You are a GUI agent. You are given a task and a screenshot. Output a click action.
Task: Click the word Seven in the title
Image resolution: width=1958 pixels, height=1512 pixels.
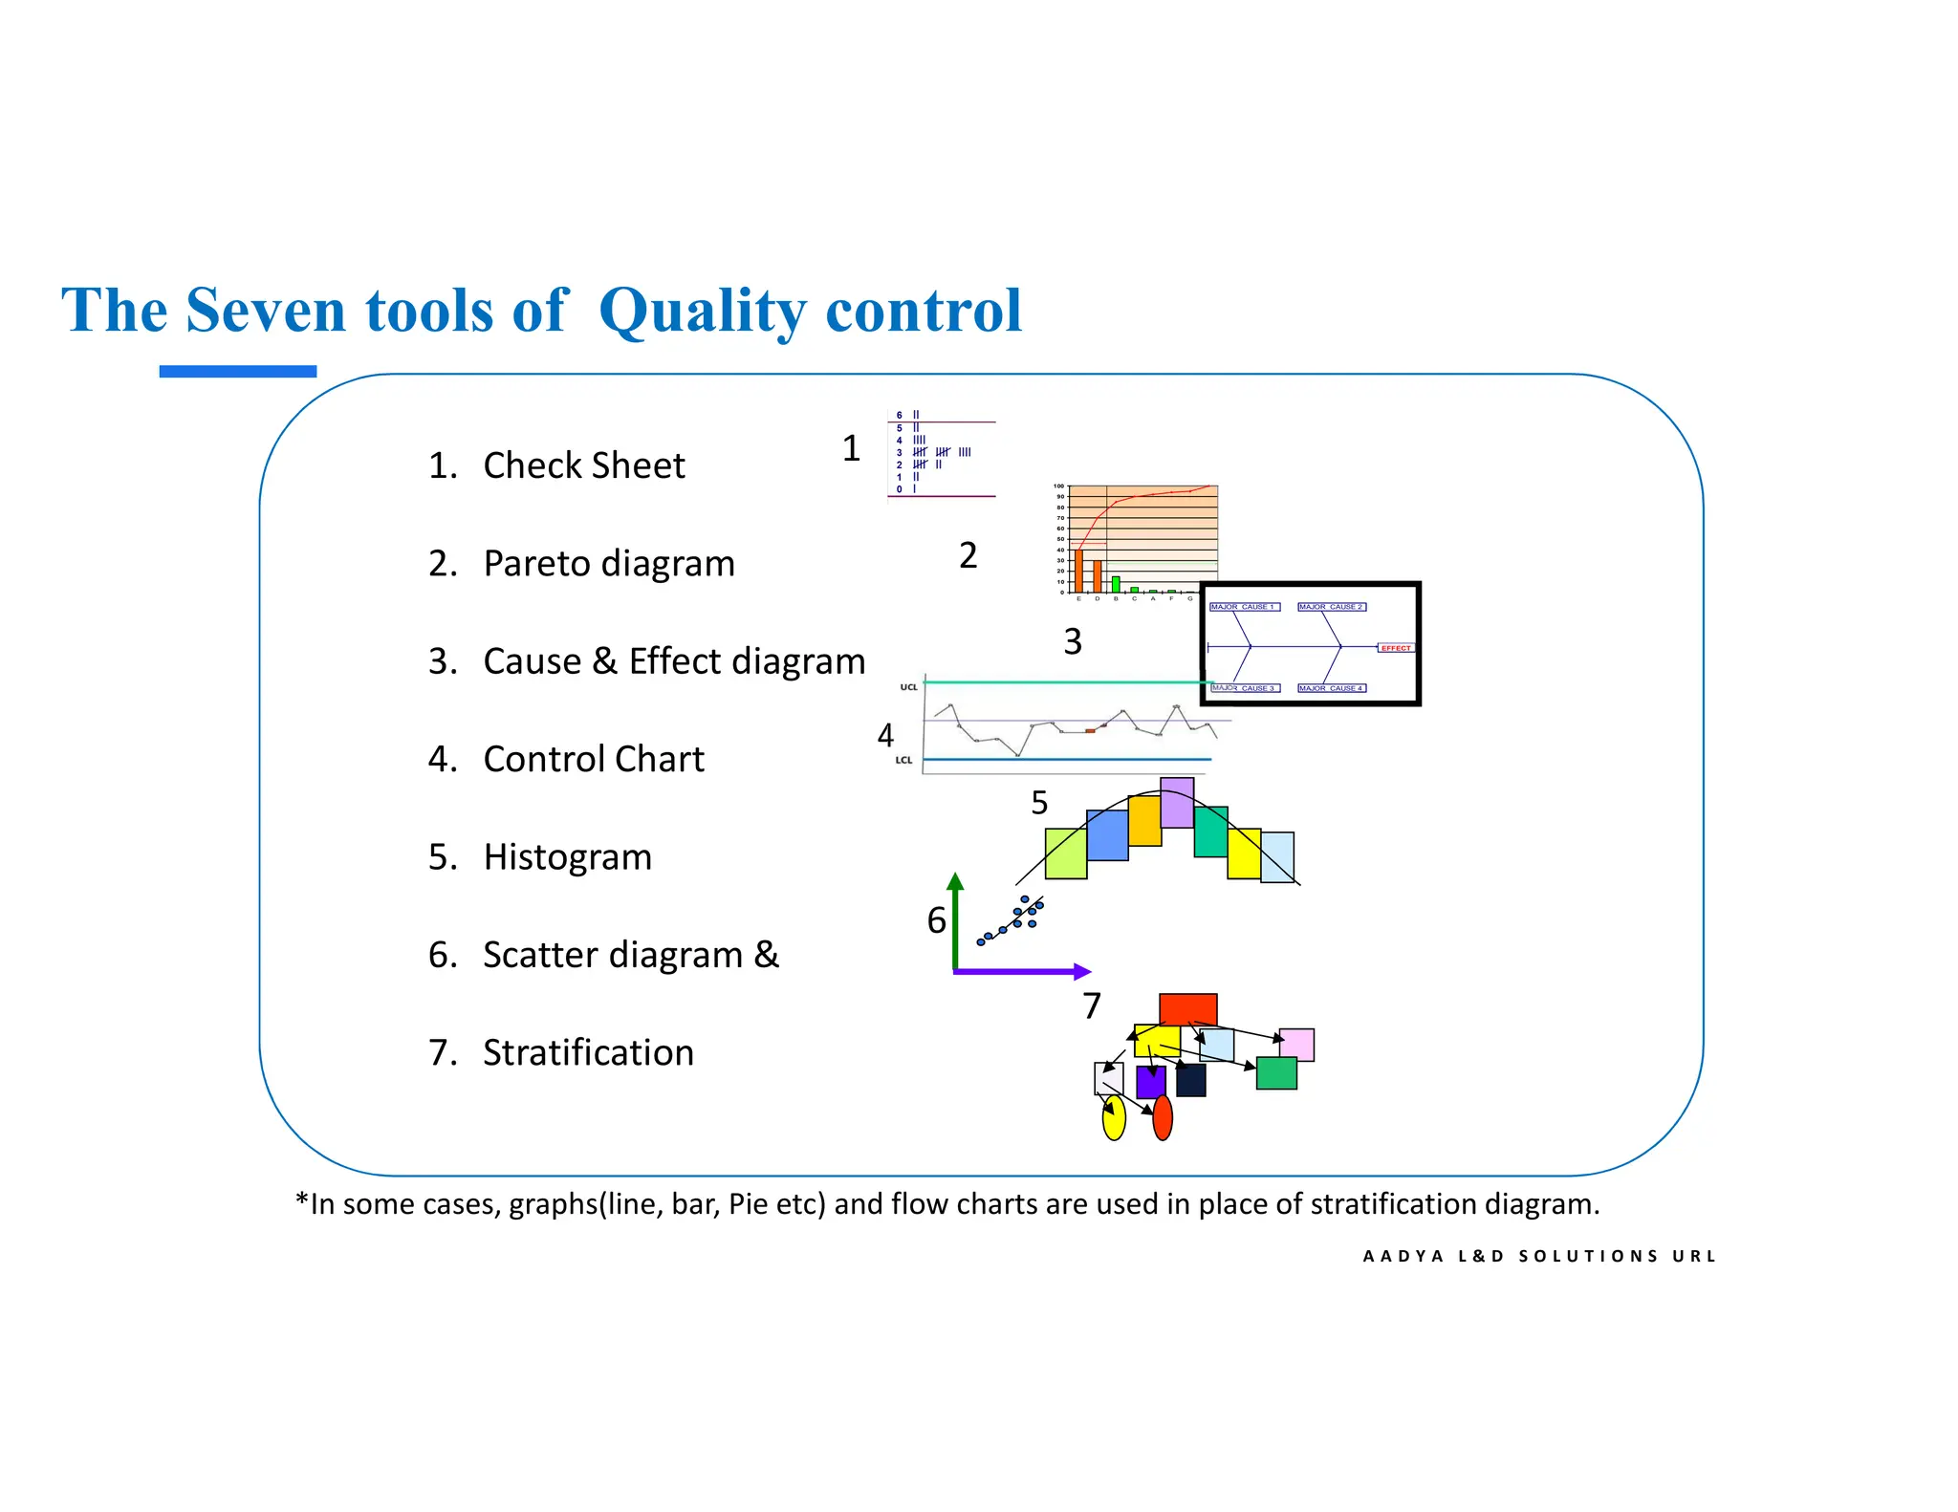265,311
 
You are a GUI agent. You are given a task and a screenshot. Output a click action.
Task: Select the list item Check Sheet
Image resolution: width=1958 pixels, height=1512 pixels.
583,465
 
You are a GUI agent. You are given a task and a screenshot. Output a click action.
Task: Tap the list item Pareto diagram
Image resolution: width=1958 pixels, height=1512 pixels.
608,564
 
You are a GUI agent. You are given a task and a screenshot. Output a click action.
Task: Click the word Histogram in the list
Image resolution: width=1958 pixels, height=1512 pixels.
567,857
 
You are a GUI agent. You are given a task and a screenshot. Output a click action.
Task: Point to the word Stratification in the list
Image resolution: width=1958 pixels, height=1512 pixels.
588,1053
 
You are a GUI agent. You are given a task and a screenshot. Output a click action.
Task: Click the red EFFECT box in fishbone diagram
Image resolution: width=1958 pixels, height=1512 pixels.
1395,648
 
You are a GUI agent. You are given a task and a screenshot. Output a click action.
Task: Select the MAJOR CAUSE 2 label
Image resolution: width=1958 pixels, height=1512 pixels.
1331,607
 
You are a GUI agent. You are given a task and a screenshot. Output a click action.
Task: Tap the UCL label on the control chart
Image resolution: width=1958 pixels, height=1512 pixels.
908,687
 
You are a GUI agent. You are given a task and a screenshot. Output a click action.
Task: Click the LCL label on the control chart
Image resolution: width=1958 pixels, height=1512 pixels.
903,761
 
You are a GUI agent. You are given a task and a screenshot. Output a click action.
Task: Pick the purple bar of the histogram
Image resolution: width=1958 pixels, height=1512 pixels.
1176,803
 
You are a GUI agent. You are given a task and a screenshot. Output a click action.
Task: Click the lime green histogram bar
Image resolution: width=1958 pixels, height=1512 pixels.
1065,853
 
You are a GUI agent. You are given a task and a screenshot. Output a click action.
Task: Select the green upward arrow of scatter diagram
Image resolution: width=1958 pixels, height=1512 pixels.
954,918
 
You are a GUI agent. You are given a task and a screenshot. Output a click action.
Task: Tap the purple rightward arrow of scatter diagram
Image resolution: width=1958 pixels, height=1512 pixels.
1023,972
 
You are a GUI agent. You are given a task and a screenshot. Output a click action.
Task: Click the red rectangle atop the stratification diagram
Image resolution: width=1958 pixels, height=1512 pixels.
1187,1009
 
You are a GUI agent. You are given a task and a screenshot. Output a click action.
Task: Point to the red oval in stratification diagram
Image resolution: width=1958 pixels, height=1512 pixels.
1163,1118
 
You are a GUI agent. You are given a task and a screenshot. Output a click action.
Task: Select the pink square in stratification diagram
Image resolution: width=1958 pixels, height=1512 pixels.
1297,1044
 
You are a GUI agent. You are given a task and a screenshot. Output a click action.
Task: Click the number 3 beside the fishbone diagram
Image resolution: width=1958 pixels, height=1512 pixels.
1073,642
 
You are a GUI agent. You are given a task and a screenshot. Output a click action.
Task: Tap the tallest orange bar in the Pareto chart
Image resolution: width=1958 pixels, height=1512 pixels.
1078,571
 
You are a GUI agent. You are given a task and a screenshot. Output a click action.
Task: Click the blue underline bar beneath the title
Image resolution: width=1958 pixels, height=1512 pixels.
237,372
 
